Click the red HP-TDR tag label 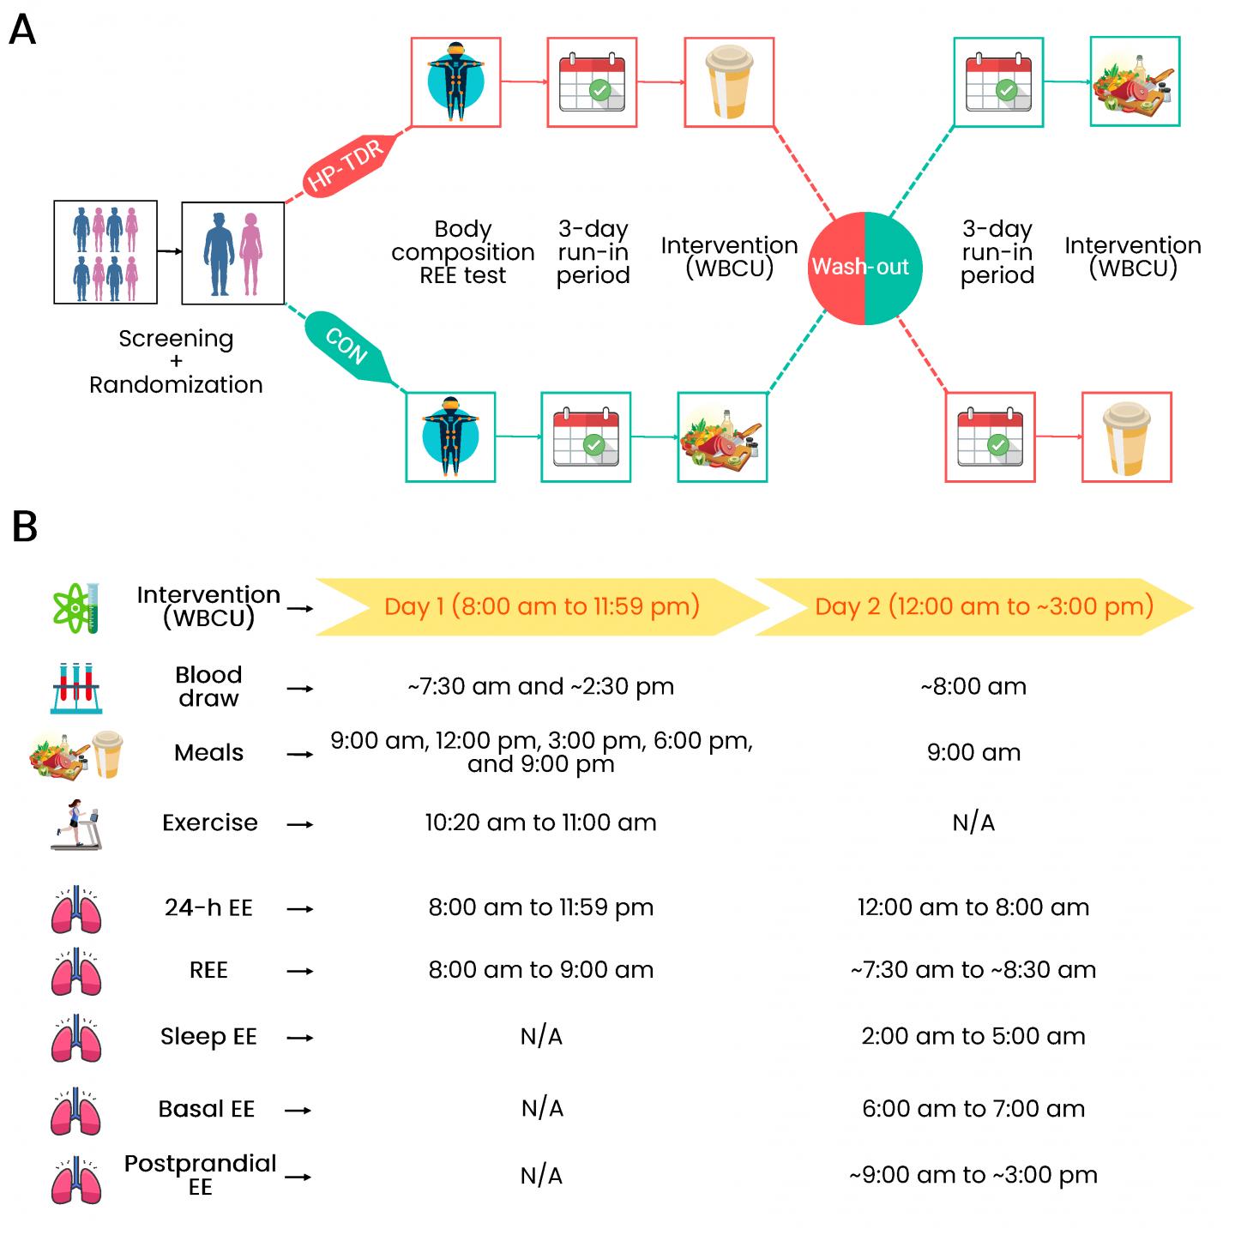[x=346, y=166]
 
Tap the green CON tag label [x=347, y=346]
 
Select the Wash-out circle [x=864, y=268]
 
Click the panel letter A [x=22, y=31]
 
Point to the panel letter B [x=25, y=527]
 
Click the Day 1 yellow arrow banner [x=541, y=607]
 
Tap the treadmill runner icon [x=75, y=824]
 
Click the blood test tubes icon [x=76, y=688]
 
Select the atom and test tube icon [x=77, y=608]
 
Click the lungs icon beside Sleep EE [x=76, y=1038]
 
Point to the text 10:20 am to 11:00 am [x=540, y=823]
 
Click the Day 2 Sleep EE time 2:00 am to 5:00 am [x=973, y=1037]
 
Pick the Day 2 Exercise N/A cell [x=973, y=823]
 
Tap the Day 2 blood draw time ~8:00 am [x=973, y=687]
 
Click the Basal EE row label [x=207, y=1110]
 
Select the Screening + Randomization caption [x=176, y=362]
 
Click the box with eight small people [x=105, y=252]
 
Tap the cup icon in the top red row [x=728, y=82]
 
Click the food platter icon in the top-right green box [x=1134, y=82]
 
